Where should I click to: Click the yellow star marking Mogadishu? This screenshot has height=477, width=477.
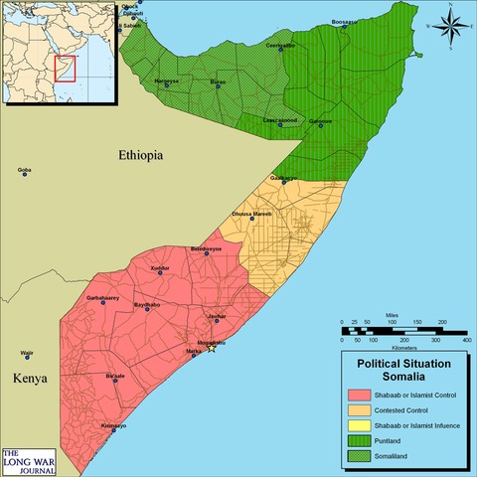point(211,348)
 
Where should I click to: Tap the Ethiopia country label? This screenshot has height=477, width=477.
point(139,156)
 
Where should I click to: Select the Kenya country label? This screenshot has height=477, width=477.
point(31,379)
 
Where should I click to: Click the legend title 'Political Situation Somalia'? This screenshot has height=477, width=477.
point(397,371)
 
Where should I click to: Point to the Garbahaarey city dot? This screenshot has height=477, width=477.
point(103,303)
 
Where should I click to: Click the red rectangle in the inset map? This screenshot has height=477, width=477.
point(63,70)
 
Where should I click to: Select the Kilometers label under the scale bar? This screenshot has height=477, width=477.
point(403,349)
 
